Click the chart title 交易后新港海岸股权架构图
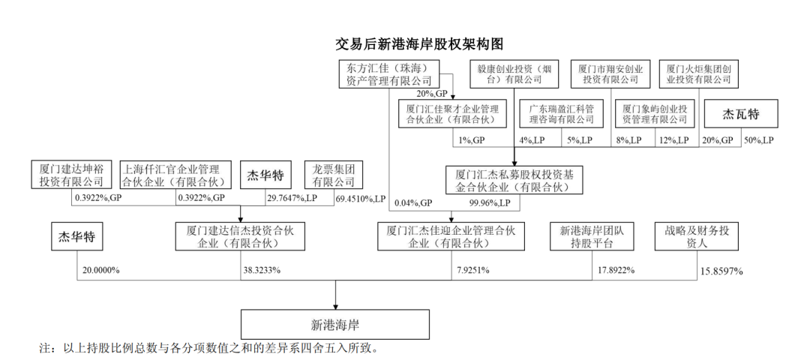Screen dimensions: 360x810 coord(424,43)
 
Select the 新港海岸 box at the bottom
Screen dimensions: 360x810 coord(335,325)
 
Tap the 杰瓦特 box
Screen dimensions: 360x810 coord(740,115)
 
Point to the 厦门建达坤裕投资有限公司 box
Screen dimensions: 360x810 coord(71,175)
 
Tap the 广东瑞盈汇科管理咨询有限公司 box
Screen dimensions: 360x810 coord(561,114)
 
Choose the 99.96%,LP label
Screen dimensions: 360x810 coord(490,202)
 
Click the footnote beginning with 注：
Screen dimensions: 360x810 coord(209,349)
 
